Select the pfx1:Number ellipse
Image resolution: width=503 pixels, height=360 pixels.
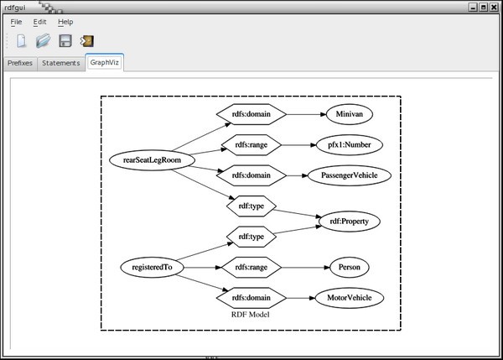click(x=350, y=145)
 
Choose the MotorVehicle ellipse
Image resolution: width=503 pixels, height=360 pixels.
click(x=350, y=298)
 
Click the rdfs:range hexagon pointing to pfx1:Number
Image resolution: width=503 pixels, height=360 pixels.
click(x=251, y=145)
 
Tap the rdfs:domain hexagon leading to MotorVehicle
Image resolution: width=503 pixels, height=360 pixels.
click(x=251, y=298)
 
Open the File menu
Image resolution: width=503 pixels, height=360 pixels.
click(x=17, y=22)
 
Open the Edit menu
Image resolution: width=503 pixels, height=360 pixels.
click(x=40, y=22)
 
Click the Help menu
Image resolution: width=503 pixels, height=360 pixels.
click(x=65, y=22)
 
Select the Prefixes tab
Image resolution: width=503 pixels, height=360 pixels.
click(x=20, y=63)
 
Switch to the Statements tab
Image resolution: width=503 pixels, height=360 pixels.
click(x=61, y=63)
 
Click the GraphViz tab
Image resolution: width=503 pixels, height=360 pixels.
click(x=105, y=63)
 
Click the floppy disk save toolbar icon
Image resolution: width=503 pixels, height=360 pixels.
click(x=65, y=41)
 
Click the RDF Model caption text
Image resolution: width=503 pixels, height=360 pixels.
click(x=250, y=315)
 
